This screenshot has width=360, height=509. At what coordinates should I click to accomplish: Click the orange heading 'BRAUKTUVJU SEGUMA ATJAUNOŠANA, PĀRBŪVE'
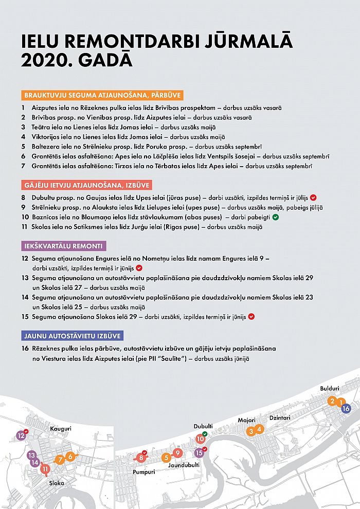coord(103,95)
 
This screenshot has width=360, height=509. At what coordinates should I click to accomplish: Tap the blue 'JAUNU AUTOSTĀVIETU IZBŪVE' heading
coord(72,336)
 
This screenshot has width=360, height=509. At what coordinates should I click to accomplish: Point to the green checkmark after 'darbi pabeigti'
coord(275,217)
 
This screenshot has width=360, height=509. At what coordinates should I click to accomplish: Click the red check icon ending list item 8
coord(313,197)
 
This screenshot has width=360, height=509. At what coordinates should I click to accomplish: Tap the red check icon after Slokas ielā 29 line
coord(251,317)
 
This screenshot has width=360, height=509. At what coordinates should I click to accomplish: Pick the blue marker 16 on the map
coord(346,408)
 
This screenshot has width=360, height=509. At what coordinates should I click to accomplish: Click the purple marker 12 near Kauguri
coord(21,435)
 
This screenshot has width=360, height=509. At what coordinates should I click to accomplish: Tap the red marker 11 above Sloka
coord(46,468)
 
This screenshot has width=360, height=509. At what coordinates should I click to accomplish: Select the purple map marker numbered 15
coord(199,452)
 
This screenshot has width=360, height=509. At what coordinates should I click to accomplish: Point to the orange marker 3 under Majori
coord(250,431)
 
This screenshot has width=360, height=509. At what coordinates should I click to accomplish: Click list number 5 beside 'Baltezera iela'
coord(23,147)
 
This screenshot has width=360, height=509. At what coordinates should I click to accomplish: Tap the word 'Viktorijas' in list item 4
coord(47,137)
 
